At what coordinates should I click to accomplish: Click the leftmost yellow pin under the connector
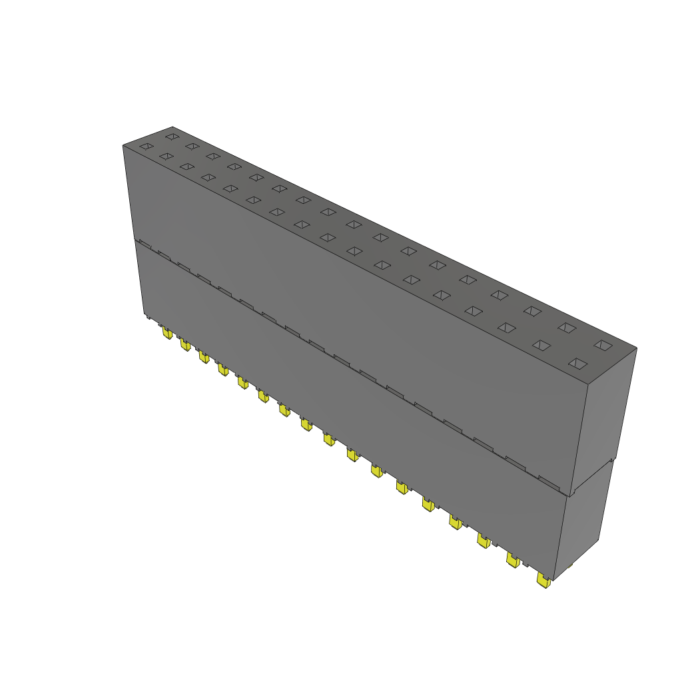tap(167, 332)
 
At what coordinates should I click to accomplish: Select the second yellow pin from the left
tap(184, 344)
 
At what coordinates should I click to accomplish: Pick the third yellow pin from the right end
tap(484, 541)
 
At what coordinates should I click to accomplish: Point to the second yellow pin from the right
tap(513, 560)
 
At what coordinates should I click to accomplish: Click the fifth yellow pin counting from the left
tap(242, 382)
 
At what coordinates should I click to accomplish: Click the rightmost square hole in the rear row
tap(603, 344)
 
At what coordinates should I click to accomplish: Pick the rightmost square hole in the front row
tap(578, 364)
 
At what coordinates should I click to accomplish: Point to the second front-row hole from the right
tap(541, 345)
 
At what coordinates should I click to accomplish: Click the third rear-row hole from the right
tap(531, 310)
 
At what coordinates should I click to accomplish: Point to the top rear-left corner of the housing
tap(172, 127)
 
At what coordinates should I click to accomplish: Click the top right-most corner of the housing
tap(637, 348)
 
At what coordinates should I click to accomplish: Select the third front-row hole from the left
tap(187, 167)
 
